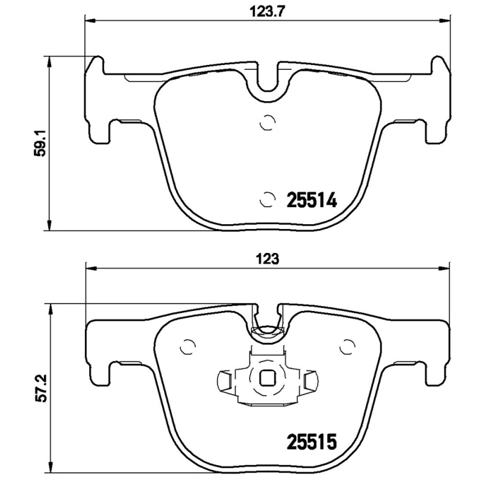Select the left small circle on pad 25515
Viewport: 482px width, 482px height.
point(188,347)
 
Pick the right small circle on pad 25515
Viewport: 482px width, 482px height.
point(346,347)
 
